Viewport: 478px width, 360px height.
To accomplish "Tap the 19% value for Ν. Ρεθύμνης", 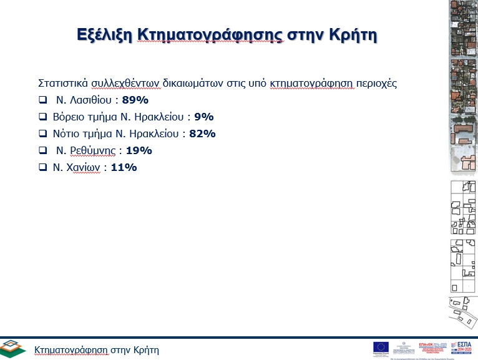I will (139, 150).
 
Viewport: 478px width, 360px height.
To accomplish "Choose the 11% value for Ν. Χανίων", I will (124, 167).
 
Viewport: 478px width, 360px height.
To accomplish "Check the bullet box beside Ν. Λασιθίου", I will (42, 99).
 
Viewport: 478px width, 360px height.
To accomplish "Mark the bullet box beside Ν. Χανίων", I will (42, 167).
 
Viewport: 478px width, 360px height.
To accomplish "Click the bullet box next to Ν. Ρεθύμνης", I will (42, 150).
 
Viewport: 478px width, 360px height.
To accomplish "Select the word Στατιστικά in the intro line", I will (63, 82).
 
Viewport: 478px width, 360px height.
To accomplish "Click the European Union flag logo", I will (381, 347).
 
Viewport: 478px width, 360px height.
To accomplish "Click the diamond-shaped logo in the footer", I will (13, 348).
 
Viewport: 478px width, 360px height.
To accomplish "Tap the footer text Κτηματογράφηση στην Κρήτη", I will (97, 349).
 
